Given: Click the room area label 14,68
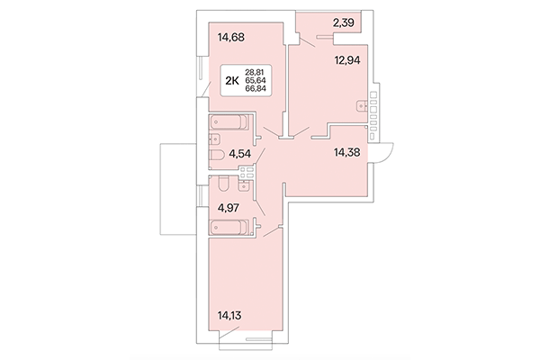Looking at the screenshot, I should pyautogui.click(x=231, y=38).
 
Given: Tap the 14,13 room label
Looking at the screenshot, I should pyautogui.click(x=231, y=316).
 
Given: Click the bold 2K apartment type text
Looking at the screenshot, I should pyautogui.click(x=231, y=80).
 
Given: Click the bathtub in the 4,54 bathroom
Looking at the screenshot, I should pyautogui.click(x=230, y=122).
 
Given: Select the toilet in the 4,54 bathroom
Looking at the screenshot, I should pyautogui.click(x=216, y=159).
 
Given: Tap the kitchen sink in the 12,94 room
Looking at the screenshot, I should pyautogui.click(x=364, y=106).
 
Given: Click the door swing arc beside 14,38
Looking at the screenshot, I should pyautogui.click(x=386, y=154).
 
